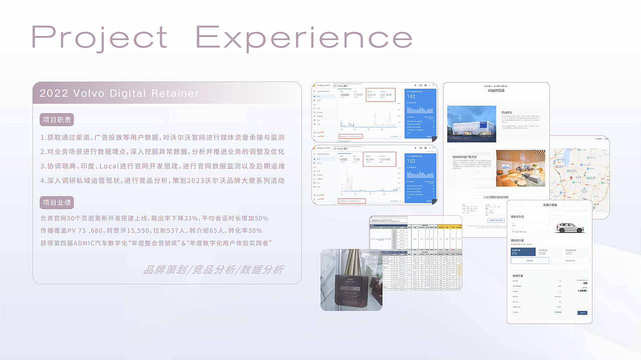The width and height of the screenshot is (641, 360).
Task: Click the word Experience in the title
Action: point(304,39)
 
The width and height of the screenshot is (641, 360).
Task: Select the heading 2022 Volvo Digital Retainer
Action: point(119,94)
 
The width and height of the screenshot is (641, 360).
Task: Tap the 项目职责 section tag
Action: point(57,120)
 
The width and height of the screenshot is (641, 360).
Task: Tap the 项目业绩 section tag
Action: point(57,202)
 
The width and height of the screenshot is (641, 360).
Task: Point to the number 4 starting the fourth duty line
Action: point(43,180)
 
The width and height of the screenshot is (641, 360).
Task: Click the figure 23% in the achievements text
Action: point(191,218)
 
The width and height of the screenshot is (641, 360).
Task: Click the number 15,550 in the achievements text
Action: point(139,231)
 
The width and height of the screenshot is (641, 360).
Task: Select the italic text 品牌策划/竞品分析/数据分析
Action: point(213,270)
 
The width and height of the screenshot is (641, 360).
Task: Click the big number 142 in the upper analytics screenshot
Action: point(411,97)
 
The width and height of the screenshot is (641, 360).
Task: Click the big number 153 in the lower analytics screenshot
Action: point(411,161)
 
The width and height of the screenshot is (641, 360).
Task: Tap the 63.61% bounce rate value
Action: point(371,94)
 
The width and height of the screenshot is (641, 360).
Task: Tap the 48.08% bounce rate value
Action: point(370,159)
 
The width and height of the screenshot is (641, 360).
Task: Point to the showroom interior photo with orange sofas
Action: point(520,168)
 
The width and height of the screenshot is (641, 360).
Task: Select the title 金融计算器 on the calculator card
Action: point(549,205)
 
